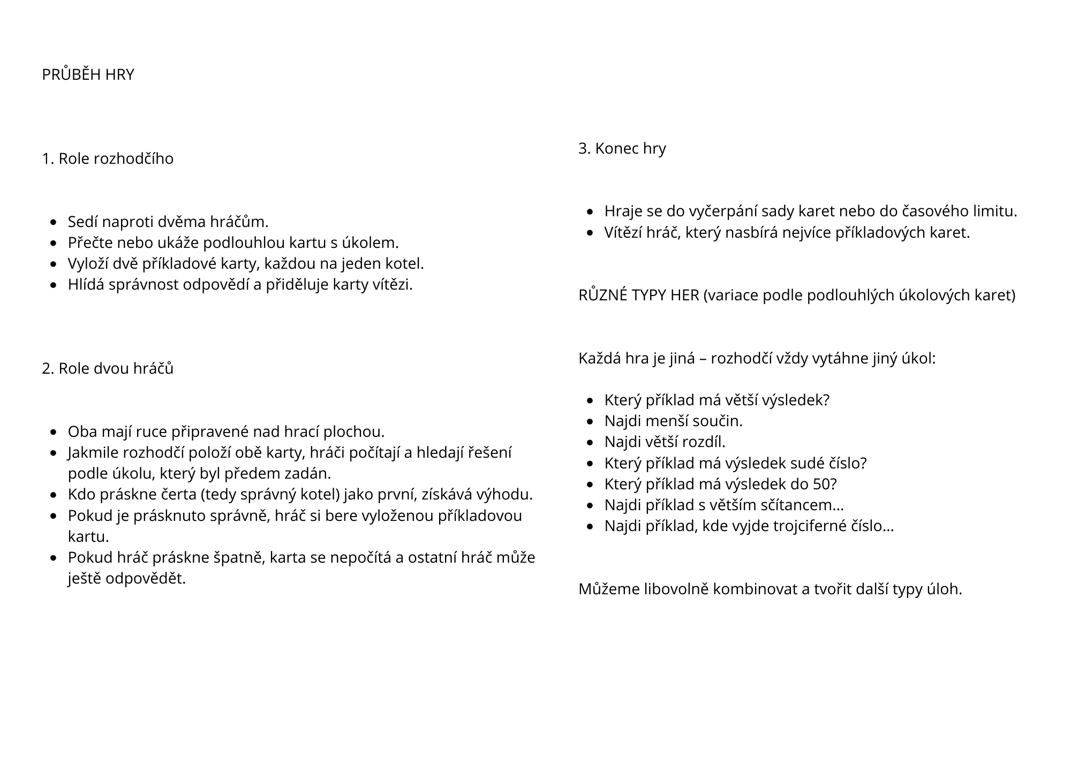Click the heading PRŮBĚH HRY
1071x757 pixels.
pos(88,75)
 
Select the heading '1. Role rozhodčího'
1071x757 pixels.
pos(108,159)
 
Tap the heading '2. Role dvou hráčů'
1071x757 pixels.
pos(108,369)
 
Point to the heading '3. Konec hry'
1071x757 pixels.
pos(622,148)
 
